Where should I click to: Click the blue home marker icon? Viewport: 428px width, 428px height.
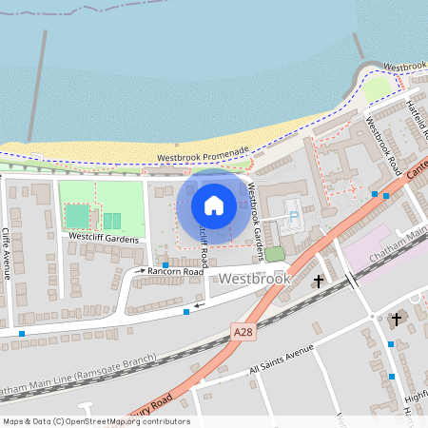pos(214,204)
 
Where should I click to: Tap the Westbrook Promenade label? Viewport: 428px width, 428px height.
pos(203,150)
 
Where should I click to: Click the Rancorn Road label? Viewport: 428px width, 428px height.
pos(176,272)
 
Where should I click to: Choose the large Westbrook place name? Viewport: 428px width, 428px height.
pos(253,281)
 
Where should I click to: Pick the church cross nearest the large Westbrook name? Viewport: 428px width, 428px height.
pos(319,282)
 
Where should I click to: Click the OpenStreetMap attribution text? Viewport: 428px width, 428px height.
pos(95,421)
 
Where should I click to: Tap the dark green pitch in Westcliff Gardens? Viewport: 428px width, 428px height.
pos(77,218)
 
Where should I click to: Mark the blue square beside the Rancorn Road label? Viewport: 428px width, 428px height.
pos(165,264)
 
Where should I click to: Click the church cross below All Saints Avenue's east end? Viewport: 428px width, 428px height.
pos(397,321)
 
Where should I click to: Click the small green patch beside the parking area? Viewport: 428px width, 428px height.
pos(275,254)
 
